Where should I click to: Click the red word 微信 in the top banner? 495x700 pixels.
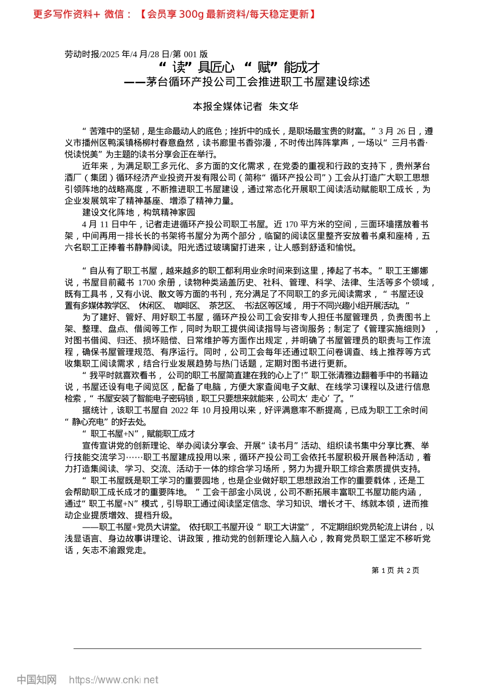click(115, 14)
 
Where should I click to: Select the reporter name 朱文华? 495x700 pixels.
click(283, 106)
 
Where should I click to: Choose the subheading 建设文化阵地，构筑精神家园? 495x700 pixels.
click(139, 213)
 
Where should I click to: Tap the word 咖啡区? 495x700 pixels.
click(185, 306)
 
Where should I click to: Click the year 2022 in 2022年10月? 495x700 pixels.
click(180, 410)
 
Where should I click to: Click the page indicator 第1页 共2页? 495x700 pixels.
click(395, 570)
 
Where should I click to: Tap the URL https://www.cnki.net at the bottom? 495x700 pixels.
click(114, 680)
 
